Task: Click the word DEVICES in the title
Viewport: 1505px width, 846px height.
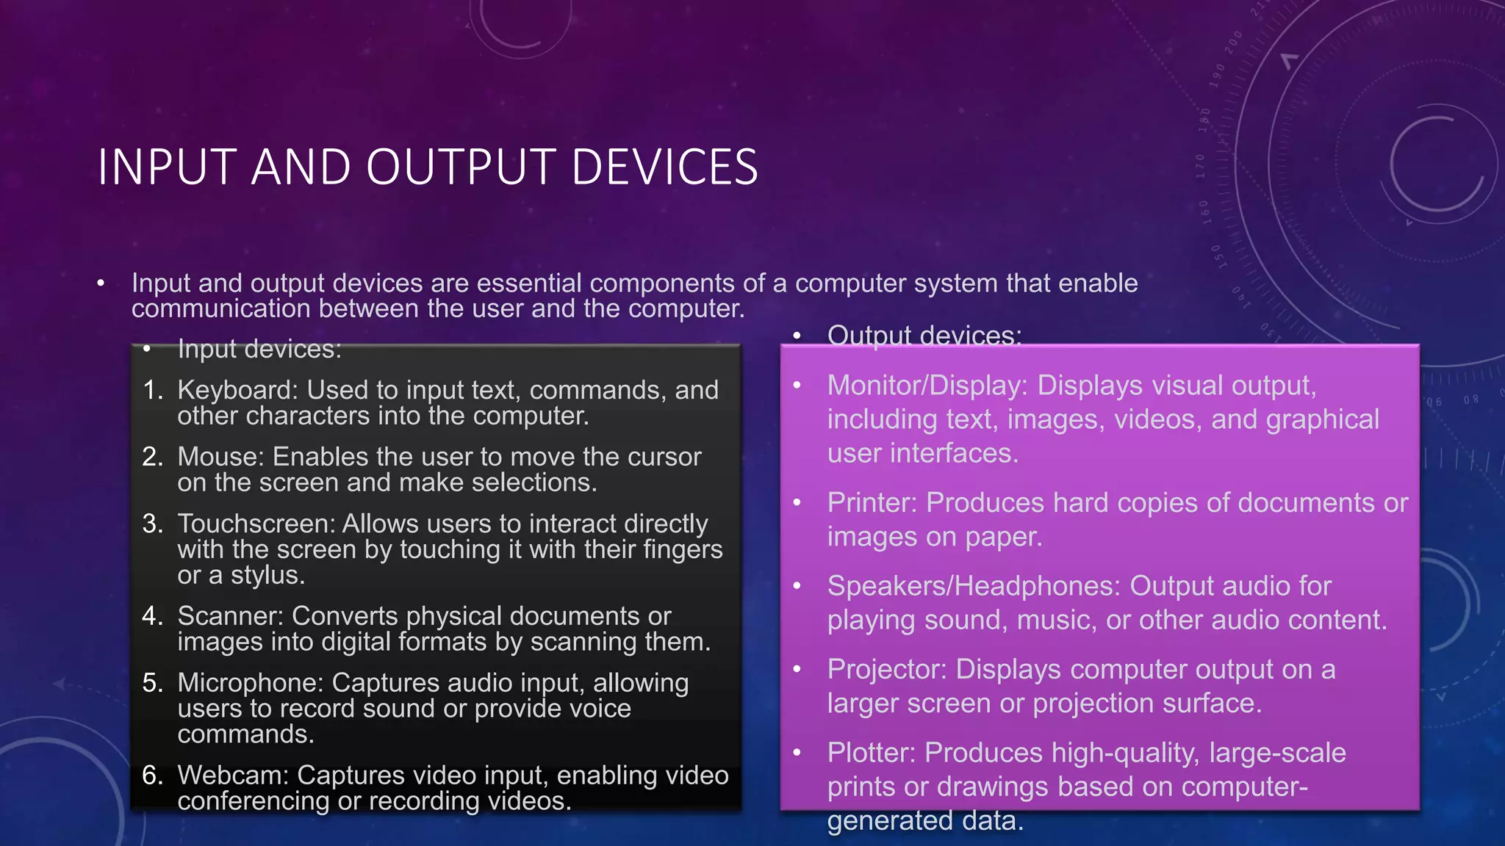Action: point(664,167)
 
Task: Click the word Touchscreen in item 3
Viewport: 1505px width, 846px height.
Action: point(256,524)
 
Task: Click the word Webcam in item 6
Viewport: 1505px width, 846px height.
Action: point(233,775)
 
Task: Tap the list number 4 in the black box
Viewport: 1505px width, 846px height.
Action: point(152,616)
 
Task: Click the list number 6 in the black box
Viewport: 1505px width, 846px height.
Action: point(152,775)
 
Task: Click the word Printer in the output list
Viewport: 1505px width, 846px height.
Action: point(872,503)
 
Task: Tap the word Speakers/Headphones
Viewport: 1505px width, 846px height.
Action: point(974,586)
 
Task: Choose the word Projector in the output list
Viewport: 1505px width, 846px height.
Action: point(887,670)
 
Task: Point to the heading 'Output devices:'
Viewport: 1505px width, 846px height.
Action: point(924,336)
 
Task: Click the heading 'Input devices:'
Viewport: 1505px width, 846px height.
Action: point(259,349)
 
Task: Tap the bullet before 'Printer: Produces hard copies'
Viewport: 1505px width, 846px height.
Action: point(797,503)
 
